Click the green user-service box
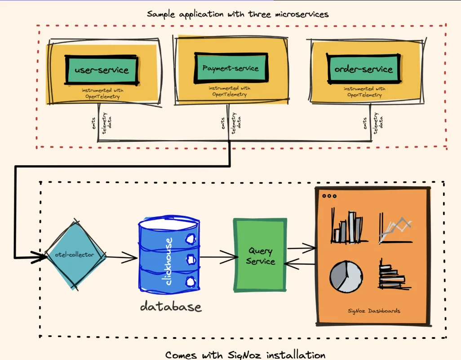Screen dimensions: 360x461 (x=102, y=70)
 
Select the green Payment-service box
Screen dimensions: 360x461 (x=230, y=68)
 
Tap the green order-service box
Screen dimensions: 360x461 (x=363, y=69)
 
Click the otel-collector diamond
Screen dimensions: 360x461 (x=75, y=255)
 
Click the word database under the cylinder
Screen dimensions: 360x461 (x=171, y=307)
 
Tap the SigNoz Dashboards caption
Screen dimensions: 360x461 (x=374, y=311)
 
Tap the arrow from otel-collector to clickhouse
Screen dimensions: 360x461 (x=122, y=257)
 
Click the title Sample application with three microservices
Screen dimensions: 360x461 (x=238, y=14)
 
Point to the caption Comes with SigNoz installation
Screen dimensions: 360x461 (x=245, y=355)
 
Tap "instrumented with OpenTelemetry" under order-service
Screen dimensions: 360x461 (x=364, y=92)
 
